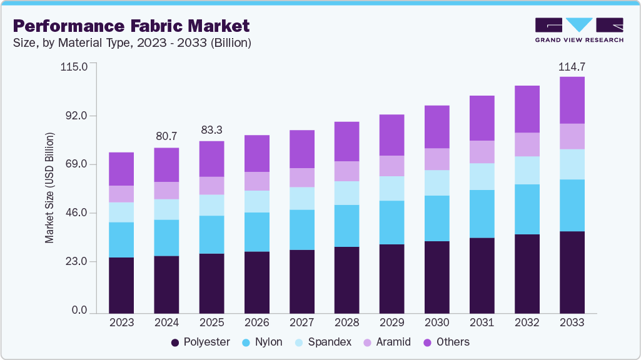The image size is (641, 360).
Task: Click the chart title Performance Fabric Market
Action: tap(131, 26)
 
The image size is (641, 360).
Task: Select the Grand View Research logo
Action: tap(578, 30)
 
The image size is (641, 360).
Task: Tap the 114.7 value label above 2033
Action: tap(572, 66)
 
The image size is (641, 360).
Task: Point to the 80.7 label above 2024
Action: tap(166, 136)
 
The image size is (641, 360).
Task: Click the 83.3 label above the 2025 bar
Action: tap(211, 130)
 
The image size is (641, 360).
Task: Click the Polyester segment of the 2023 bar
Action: tap(121, 284)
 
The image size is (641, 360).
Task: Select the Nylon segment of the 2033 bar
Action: tap(572, 205)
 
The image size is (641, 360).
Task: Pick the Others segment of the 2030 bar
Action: tap(437, 127)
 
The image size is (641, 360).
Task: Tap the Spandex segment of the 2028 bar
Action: tap(346, 193)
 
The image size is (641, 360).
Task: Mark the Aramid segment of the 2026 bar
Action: tap(256, 181)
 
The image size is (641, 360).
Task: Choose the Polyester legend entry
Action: tap(200, 342)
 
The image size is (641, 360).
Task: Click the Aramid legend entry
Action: tap(388, 342)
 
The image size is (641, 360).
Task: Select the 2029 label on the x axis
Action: tap(391, 323)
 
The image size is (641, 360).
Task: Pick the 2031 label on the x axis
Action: tap(482, 323)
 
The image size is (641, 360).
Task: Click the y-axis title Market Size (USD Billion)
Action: tap(49, 187)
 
